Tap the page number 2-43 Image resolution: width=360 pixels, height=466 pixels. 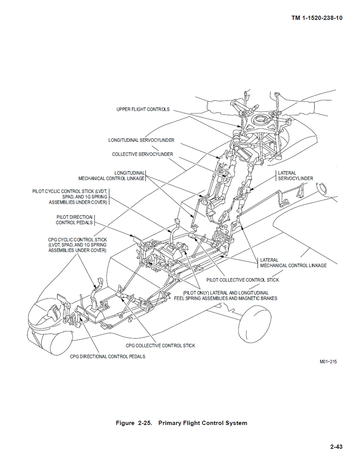336,447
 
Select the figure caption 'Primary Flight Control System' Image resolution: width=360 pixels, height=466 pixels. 203,423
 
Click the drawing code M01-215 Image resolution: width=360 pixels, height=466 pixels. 328,362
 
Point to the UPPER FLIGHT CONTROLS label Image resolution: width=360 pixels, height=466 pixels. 143,110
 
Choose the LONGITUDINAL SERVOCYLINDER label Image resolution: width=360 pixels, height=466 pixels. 141,140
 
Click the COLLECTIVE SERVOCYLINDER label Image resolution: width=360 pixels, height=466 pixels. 142,154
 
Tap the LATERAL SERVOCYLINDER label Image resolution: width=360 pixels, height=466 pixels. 295,176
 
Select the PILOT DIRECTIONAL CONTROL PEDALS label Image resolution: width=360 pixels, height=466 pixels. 74,220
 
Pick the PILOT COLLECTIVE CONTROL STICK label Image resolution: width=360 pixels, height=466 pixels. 242,280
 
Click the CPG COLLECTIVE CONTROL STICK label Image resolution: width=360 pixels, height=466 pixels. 161,346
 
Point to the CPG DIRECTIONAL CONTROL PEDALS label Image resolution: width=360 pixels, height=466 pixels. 107,356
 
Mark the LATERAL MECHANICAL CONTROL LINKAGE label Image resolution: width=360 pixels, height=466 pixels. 293,263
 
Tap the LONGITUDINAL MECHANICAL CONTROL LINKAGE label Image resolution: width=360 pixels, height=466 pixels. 112,176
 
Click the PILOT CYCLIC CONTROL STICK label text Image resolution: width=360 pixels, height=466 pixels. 70,197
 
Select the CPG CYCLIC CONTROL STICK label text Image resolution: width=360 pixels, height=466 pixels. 77,245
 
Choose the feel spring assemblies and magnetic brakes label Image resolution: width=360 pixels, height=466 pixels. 226,296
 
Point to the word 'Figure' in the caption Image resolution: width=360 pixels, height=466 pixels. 125,423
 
